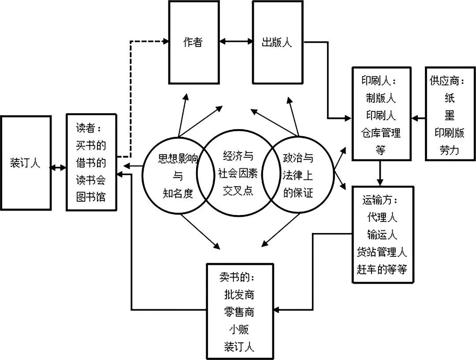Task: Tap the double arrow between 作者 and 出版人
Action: coord(236,42)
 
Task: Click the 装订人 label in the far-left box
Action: coord(25,163)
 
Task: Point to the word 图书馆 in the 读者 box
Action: coord(91,197)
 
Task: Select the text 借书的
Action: coord(91,163)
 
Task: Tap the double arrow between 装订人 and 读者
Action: coord(58,168)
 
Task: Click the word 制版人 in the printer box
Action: coord(381,98)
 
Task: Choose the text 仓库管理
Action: coord(381,133)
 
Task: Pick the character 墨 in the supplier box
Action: coord(450,115)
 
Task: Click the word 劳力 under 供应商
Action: coord(450,150)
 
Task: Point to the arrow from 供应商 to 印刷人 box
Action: coord(419,118)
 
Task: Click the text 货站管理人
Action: coord(382,252)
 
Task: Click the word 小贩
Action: coord(239,329)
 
